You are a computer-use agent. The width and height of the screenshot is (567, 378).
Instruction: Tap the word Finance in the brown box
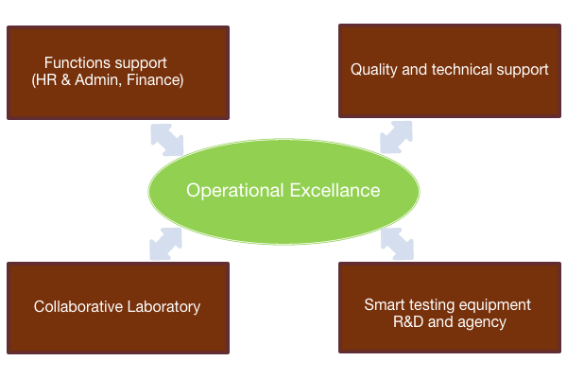[155, 80]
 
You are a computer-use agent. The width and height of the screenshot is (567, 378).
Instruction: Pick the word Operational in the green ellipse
[235, 191]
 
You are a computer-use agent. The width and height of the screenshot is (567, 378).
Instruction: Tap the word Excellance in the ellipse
[335, 190]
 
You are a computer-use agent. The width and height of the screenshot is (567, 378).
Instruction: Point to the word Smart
[385, 305]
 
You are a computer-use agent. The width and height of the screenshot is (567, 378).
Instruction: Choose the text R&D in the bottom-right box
[408, 321]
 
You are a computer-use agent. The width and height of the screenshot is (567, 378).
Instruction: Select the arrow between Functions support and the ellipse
[167, 140]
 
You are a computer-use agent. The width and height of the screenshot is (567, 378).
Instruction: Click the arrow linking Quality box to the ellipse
[396, 137]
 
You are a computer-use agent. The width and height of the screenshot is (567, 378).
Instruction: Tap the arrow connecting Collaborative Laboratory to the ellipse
[165, 244]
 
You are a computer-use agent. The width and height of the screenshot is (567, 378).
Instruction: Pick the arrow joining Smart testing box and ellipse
[397, 244]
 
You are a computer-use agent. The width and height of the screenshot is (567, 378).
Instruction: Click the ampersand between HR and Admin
[66, 80]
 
